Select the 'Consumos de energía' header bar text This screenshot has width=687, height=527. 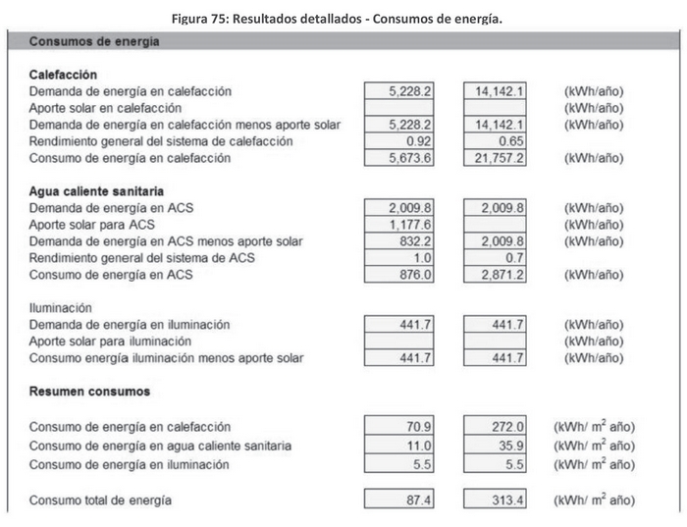[x=94, y=42]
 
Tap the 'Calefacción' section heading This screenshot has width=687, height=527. [x=63, y=75]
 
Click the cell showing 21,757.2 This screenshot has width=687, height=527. [x=497, y=158]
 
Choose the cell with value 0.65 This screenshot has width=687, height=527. [x=497, y=141]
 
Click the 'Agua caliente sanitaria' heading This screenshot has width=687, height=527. [x=96, y=190]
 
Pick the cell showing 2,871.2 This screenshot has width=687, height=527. [x=497, y=276]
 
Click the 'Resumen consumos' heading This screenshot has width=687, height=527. [x=89, y=392]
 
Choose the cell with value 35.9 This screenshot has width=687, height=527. [x=497, y=446]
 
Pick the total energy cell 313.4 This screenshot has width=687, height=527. [x=497, y=501]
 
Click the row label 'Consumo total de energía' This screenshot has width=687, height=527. [x=100, y=501]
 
